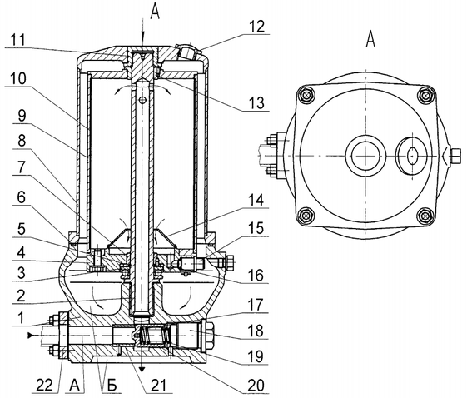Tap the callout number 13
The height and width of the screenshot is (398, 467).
pyautogui.click(x=256, y=102)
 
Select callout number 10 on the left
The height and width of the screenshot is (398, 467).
pyautogui.click(x=17, y=78)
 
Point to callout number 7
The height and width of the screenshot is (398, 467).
pyautogui.click(x=21, y=167)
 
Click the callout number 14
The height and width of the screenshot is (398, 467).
pyautogui.click(x=256, y=200)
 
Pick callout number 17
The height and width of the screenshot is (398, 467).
pyautogui.click(x=256, y=305)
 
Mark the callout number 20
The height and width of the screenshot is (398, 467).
pyautogui.click(x=256, y=386)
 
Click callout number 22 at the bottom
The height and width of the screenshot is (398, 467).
pyautogui.click(x=45, y=386)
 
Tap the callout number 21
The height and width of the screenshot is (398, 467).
pyautogui.click(x=158, y=386)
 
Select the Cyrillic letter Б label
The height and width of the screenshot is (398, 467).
pyautogui.click(x=112, y=386)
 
